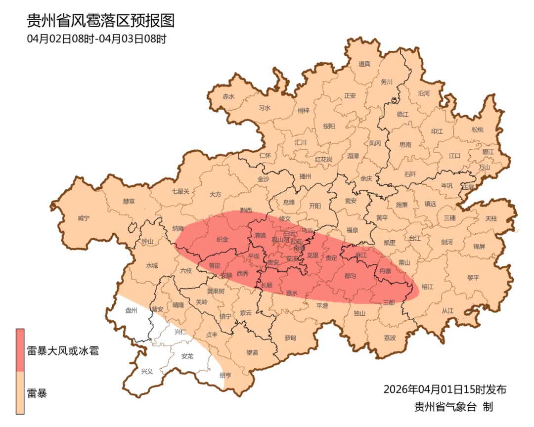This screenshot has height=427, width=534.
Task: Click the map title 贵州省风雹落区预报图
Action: pos(101,21)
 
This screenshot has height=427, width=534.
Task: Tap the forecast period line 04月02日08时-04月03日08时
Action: pos(96,39)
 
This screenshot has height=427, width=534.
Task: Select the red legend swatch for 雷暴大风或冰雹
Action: pos(20,350)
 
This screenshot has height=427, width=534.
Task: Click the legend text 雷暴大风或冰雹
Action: pos(62,352)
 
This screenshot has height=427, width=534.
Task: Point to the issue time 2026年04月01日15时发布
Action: pos(445,389)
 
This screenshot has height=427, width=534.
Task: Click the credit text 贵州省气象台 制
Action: pos(453,407)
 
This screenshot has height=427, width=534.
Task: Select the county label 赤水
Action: pos(228,96)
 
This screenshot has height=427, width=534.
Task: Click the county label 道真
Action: pos(364,64)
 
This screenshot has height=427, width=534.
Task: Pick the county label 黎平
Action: pos(473,277)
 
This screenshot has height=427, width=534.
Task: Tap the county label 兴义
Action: pos(147,371)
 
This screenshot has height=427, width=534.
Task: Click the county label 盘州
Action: pos(131,310)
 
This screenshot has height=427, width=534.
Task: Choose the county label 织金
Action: pos(222,239)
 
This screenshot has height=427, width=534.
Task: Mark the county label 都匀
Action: pos(350,275)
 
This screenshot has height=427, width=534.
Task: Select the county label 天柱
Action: pos(491,218)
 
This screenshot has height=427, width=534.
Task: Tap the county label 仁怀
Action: pos(265,155)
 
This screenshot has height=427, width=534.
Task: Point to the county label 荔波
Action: pos(390,338)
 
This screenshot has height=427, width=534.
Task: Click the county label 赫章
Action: pos(129,201)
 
